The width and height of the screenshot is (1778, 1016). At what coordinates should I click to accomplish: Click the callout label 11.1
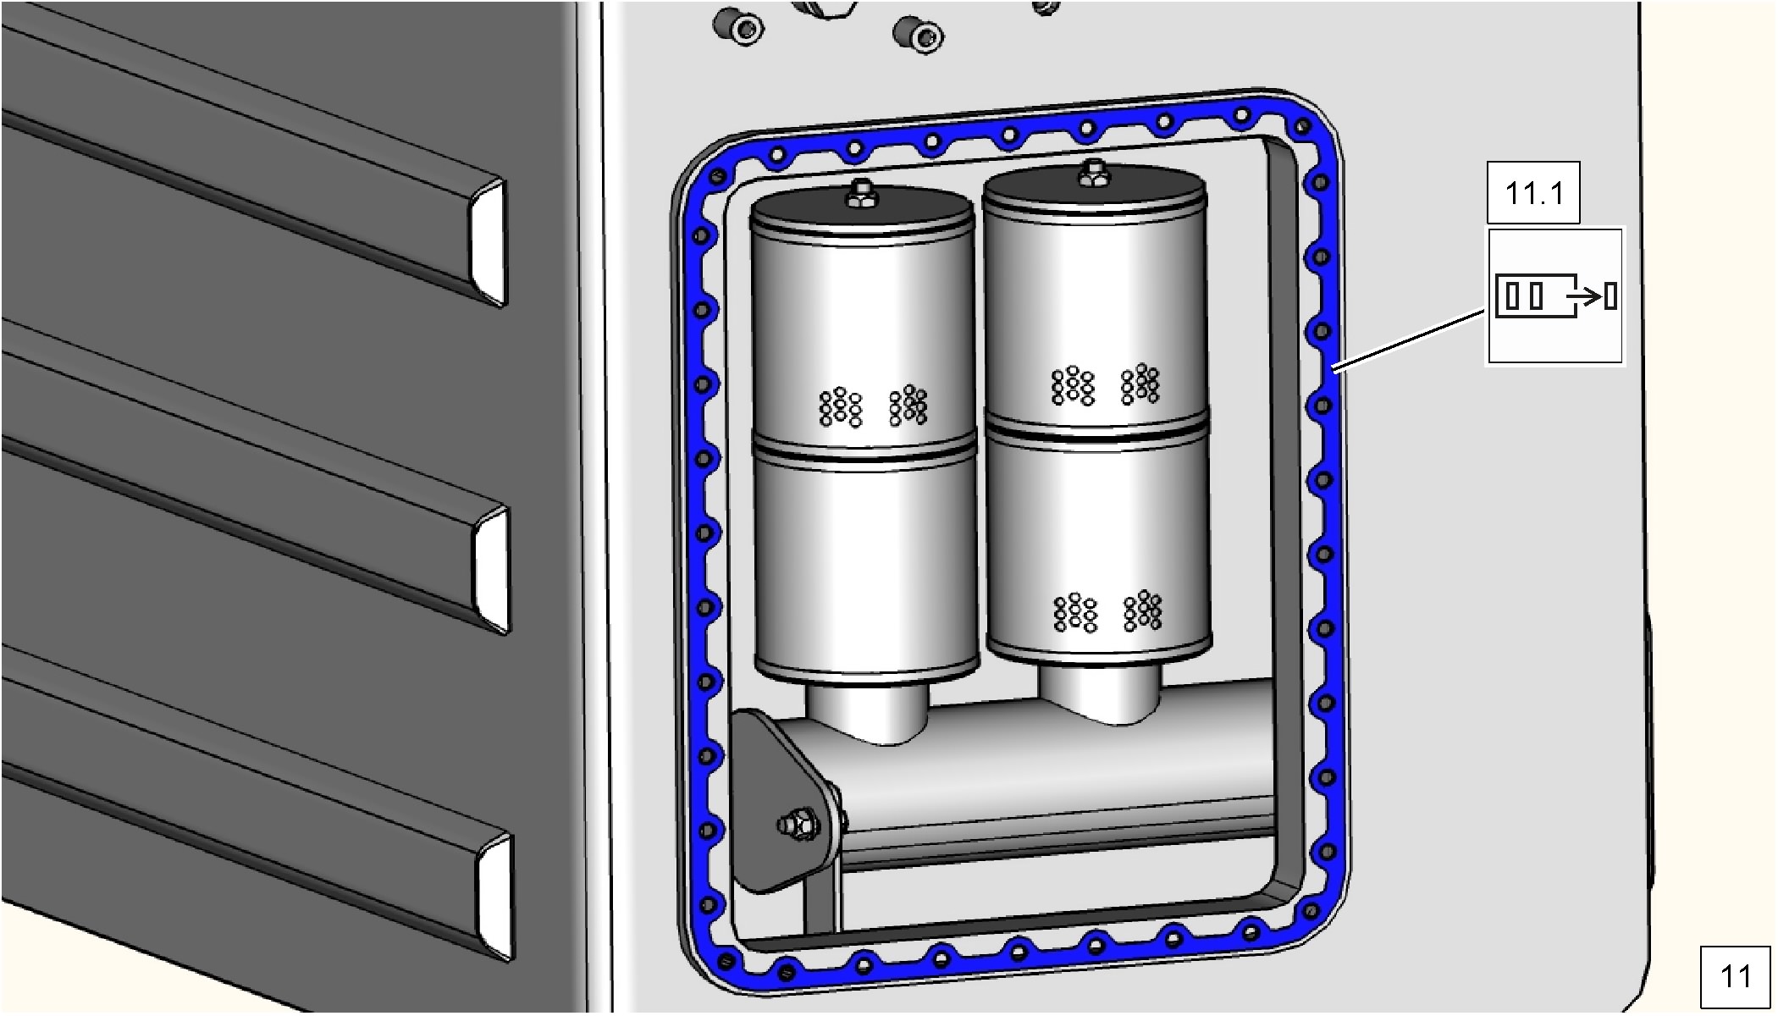click(1533, 193)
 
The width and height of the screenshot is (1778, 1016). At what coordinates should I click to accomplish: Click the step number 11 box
click(1735, 977)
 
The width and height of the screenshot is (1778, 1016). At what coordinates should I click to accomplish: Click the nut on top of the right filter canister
click(1092, 174)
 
